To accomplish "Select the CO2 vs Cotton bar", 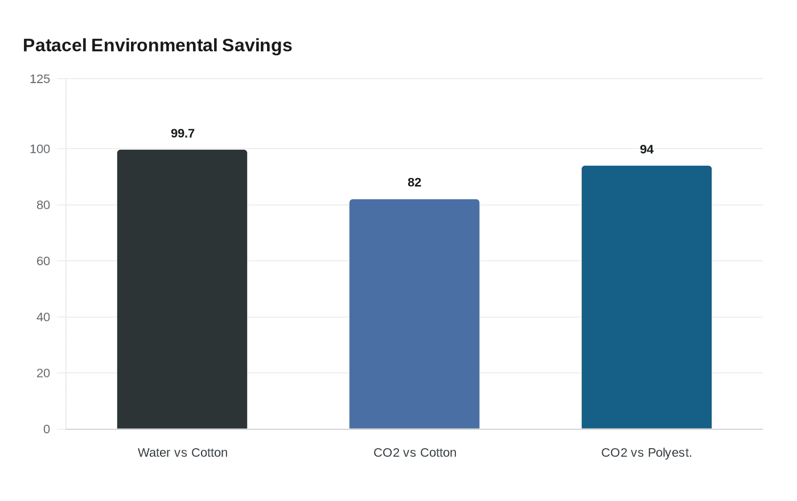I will [x=414, y=314].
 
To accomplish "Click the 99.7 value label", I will [x=183, y=133].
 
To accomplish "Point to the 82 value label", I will [x=414, y=182].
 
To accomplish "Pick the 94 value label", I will [x=647, y=149].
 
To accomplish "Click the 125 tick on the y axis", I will [x=40, y=79].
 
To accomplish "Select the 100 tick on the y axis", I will [x=40, y=149].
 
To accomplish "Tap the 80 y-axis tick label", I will [x=43, y=205].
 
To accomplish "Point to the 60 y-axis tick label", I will [x=43, y=261].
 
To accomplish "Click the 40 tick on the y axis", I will [x=43, y=317].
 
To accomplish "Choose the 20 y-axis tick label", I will [x=43, y=373].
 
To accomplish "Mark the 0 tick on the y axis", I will [x=47, y=429].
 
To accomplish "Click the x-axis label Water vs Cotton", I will [x=183, y=453].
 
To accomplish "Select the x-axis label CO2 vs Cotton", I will [x=415, y=453].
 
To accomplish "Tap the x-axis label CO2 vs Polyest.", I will [x=647, y=453].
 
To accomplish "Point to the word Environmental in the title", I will [x=154, y=45].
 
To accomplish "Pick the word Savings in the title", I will [x=257, y=45].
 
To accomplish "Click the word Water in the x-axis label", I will [x=154, y=453].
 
